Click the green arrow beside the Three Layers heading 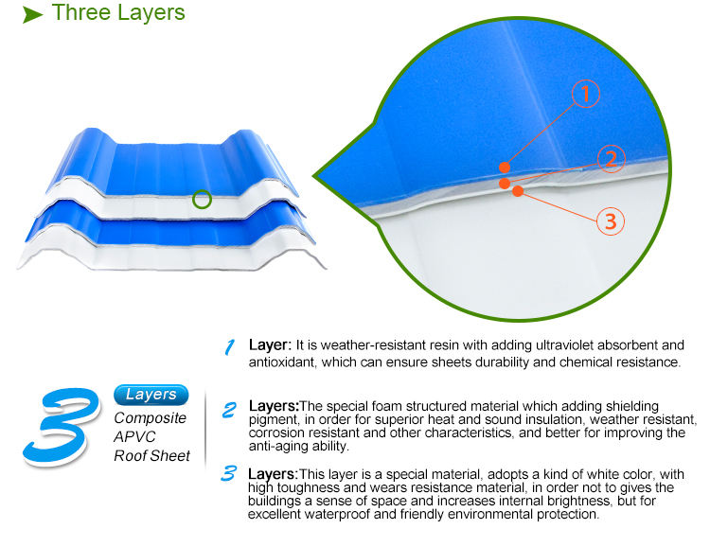point(33,15)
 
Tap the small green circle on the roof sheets point(202,199)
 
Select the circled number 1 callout point(586,93)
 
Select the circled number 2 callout point(612,159)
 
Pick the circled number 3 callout point(610,221)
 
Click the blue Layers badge point(151,395)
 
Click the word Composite point(151,418)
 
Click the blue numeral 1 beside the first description point(229,347)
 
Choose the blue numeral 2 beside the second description point(229,410)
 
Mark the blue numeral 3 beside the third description point(228,473)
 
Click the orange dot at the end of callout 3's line point(518,191)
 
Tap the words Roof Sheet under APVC point(152,456)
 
